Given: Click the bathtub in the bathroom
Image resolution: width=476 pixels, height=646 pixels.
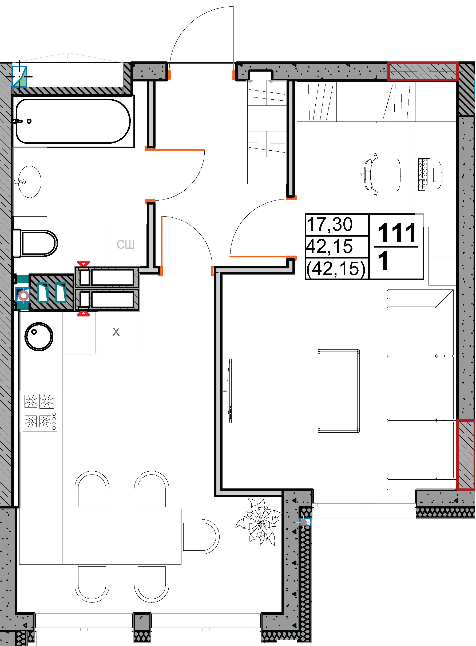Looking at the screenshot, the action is point(73,121).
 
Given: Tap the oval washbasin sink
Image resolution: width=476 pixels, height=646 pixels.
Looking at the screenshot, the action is point(30,182).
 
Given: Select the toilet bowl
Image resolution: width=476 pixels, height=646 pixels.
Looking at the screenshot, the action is point(35,243).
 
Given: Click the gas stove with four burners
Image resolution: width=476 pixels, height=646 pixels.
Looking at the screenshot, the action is point(40,411).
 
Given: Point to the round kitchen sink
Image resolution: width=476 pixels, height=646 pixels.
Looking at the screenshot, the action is point(39,336).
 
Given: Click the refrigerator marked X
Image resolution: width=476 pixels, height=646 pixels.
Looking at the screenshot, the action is point(116,332).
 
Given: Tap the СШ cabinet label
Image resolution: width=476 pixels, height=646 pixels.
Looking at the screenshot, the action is point(126,245).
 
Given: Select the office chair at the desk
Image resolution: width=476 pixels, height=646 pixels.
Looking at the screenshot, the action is point(380,175).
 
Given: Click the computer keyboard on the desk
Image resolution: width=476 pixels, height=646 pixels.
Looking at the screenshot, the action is point(424,174).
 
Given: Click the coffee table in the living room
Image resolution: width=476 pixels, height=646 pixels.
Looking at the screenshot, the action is point(339,391).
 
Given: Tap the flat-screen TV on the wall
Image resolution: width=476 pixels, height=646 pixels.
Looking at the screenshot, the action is point(230,391).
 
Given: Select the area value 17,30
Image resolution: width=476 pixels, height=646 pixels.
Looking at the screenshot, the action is point(330,224).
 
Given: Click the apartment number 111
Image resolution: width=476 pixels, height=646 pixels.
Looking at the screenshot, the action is point(397,233).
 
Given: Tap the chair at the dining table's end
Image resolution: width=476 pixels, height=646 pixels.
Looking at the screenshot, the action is point(201,537).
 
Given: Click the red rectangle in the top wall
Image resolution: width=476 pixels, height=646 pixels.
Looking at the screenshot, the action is point(423,71).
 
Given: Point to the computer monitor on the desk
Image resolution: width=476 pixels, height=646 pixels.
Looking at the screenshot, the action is point(439,175).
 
